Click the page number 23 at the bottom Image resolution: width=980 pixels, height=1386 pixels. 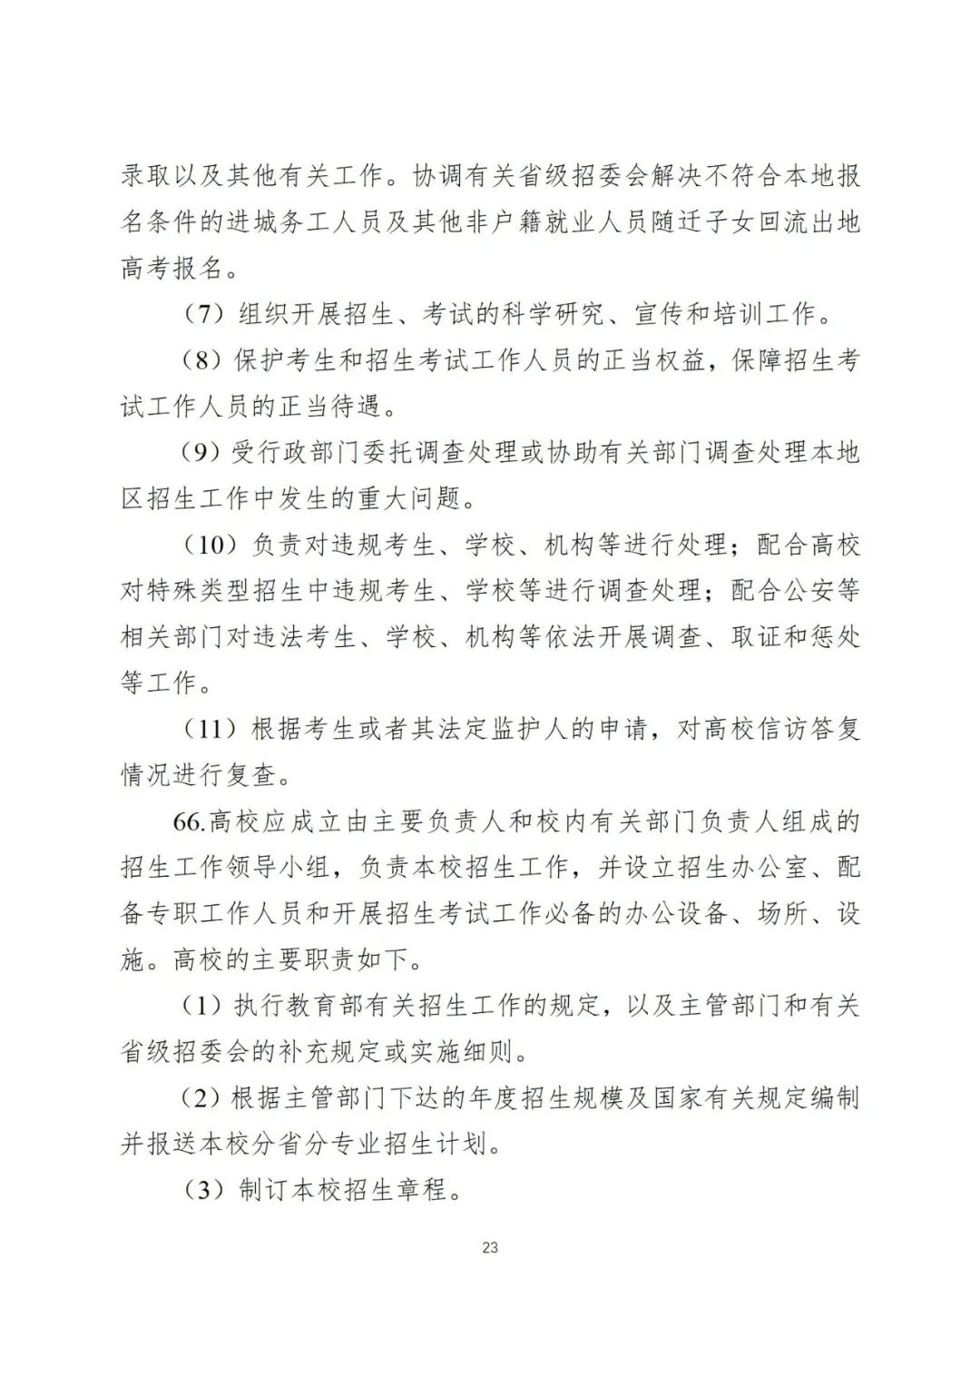(x=489, y=1247)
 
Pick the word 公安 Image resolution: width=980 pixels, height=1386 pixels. (x=808, y=591)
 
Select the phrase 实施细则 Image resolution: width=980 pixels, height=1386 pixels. (x=465, y=1052)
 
